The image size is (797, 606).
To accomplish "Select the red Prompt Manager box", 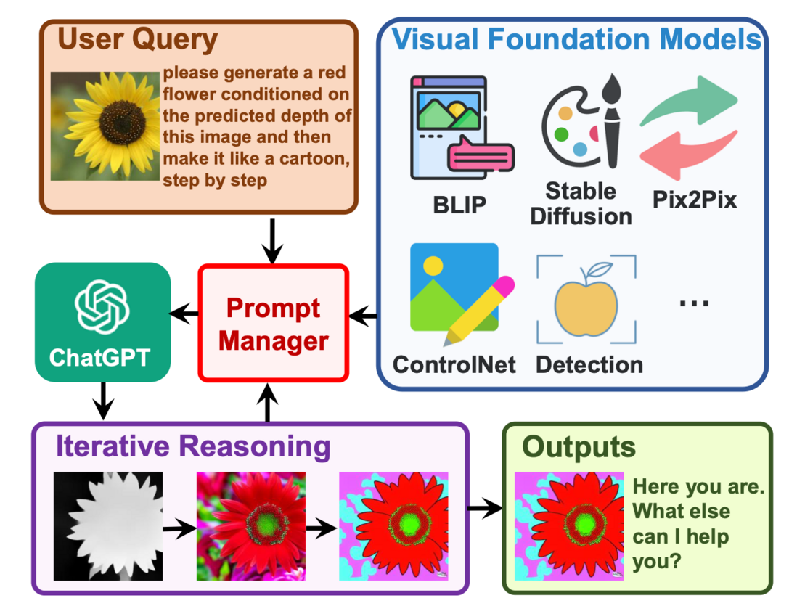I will point(274,323).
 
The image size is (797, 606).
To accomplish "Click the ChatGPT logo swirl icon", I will point(102,306).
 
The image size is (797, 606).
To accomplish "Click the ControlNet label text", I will point(454,364).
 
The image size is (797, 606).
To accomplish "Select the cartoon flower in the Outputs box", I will point(568,526).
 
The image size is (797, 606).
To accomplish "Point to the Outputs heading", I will point(579,447).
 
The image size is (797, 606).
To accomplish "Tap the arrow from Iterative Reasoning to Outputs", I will point(483,508).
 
